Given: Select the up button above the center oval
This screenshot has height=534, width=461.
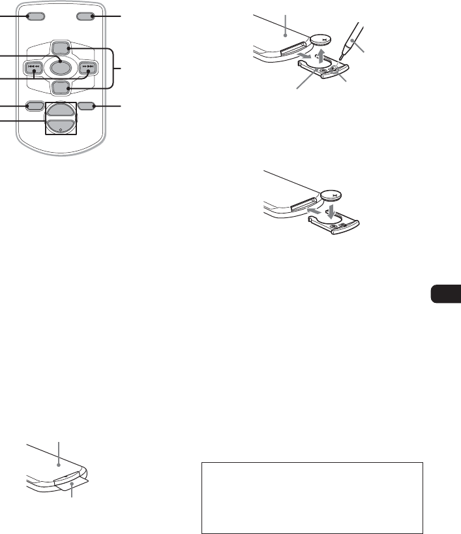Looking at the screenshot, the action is [x=61, y=48].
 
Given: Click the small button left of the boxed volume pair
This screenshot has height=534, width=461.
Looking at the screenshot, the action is [x=35, y=106].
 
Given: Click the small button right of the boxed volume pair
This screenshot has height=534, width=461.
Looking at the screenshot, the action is [x=86, y=106].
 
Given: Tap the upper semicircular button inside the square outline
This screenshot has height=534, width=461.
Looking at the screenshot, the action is [x=61, y=111].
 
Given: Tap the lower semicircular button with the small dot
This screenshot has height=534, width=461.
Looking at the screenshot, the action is [x=61, y=127].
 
